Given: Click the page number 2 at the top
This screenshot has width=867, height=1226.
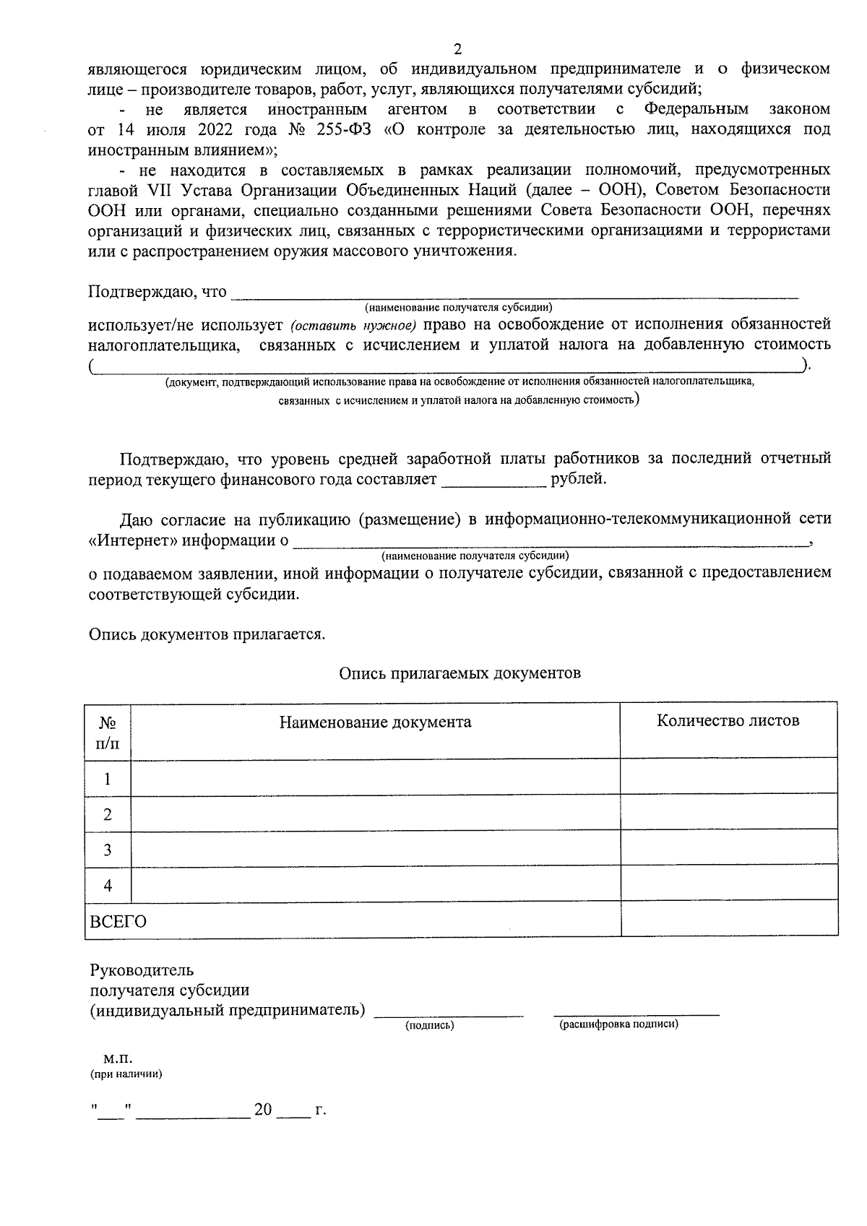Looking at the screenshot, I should coord(457,49).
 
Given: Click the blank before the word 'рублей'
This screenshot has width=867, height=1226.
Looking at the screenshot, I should coord(493,480).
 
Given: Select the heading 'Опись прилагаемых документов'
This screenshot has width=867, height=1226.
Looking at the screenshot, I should coord(460,673).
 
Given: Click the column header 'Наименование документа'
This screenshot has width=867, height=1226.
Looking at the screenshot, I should coord(375,722).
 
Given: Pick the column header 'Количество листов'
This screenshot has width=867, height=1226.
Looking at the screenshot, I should coord(728,720).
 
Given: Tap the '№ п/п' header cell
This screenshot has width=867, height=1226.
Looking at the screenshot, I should coord(108,732).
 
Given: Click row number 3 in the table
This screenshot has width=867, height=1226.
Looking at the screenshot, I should coord(108,850).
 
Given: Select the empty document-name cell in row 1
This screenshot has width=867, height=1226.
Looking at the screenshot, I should coord(375,778).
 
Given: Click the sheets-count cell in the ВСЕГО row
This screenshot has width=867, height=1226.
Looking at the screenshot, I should coord(728,920).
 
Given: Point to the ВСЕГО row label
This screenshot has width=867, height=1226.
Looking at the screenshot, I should coord(117,922).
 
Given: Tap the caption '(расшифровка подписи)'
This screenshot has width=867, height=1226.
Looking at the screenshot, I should coord(618,1024).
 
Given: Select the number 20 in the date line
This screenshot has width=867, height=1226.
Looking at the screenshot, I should coord(263,1109).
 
